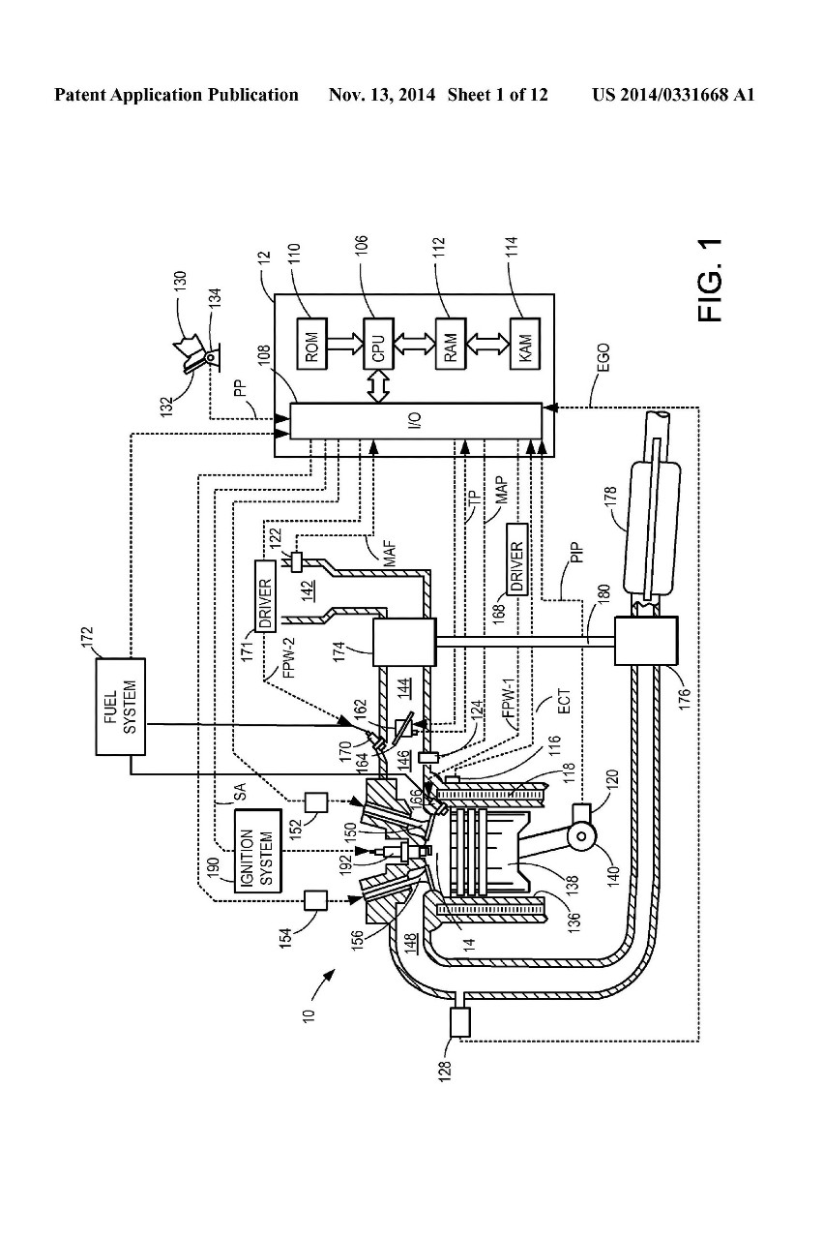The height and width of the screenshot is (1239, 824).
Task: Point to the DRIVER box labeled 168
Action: click(x=516, y=567)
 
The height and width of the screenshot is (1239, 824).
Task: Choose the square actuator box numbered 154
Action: click(x=315, y=900)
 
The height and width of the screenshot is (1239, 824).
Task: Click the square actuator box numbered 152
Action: click(x=316, y=802)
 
